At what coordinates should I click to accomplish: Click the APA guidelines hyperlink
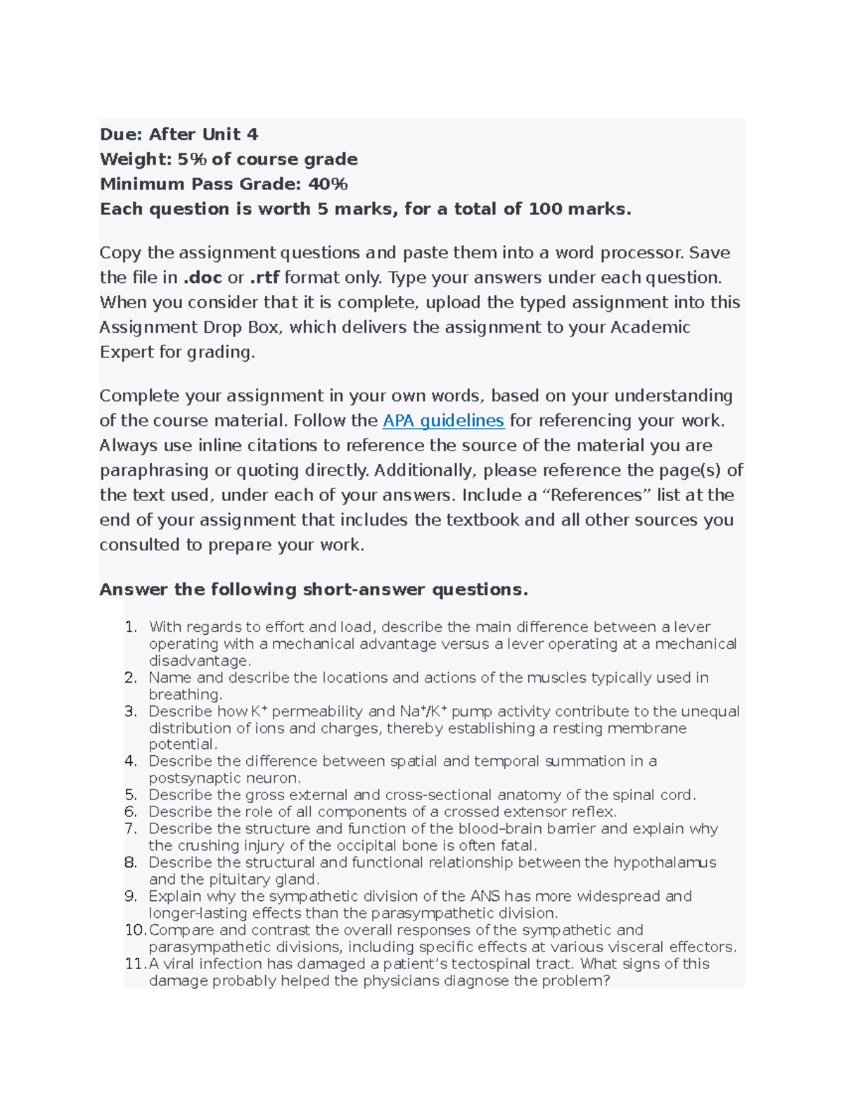(443, 421)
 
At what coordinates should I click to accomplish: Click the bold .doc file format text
(203, 278)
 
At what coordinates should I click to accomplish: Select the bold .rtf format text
(264, 278)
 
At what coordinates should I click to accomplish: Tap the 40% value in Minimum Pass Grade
(328, 184)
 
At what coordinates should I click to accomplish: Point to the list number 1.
(131, 627)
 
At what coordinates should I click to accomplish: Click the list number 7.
(131, 829)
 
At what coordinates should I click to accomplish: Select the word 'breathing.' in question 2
(185, 695)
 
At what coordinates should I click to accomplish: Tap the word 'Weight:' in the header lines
(136, 160)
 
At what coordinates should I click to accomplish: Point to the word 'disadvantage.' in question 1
(200, 661)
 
